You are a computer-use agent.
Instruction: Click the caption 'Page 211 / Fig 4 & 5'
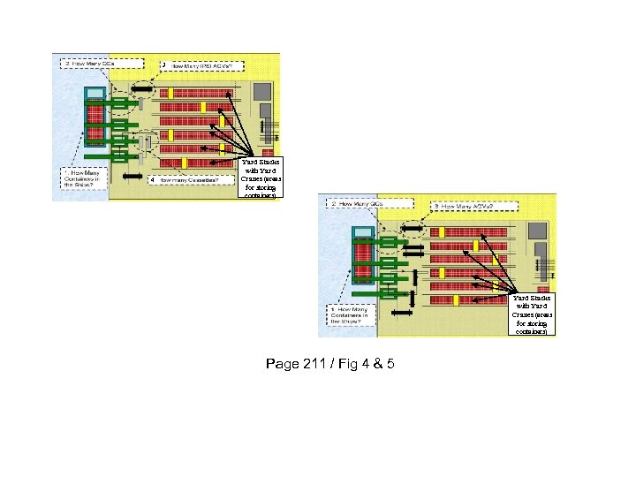329,363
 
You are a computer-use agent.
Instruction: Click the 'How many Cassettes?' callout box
189,179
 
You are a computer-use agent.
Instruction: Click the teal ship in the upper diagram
95,114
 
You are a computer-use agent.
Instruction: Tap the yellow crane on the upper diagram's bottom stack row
182,163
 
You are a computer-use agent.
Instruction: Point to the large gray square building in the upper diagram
262,91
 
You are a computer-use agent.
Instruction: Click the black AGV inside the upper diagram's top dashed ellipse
141,88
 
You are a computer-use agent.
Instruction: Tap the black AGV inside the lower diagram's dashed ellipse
412,226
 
